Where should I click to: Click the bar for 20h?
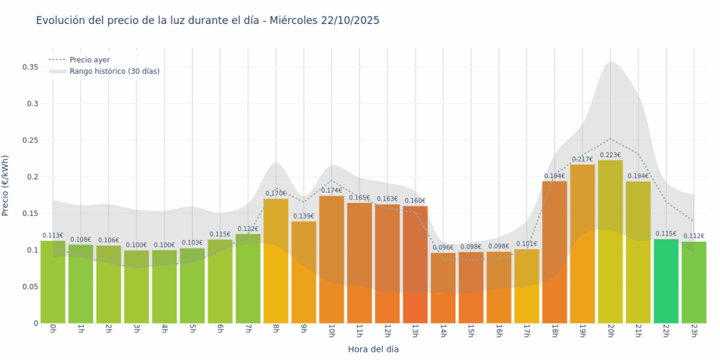[x=610, y=243]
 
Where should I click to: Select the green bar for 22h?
[x=666, y=281]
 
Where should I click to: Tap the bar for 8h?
[x=275, y=262]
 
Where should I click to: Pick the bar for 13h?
[x=415, y=265]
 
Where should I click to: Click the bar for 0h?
[x=53, y=282]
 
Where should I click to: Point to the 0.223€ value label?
[x=610, y=155]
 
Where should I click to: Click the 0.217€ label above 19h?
[x=582, y=159]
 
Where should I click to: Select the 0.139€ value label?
[x=304, y=216]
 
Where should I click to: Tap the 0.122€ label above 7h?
[x=248, y=229]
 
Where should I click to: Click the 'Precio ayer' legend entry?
[x=89, y=60]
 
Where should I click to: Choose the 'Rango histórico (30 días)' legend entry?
[x=114, y=71]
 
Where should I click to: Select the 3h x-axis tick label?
[x=136, y=331]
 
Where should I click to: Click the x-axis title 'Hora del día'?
[x=373, y=349]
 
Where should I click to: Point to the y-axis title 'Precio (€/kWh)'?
[x=6, y=186]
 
